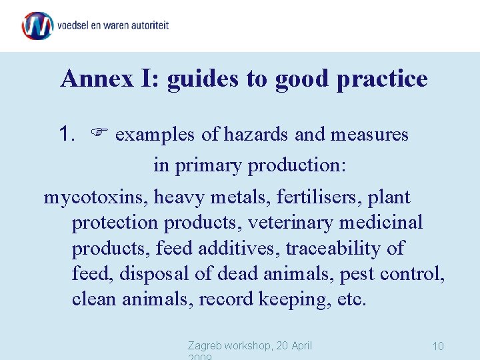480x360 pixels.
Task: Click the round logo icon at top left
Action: pos(37,26)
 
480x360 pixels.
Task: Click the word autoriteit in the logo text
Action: pos(147,26)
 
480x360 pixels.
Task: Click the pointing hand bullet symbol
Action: pos(99,135)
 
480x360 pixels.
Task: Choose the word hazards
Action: pos(257,135)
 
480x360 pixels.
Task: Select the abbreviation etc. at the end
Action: pos(351,299)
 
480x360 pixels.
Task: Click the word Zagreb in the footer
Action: pos(206,345)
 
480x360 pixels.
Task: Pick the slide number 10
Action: pos(438,346)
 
